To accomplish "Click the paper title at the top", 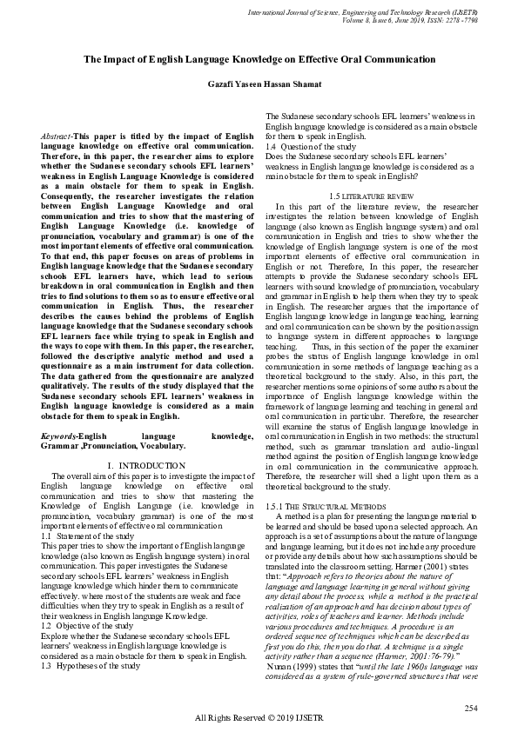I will point(259,59).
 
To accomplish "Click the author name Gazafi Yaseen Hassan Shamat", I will point(259,83).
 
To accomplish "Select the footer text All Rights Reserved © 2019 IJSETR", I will point(259,718).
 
